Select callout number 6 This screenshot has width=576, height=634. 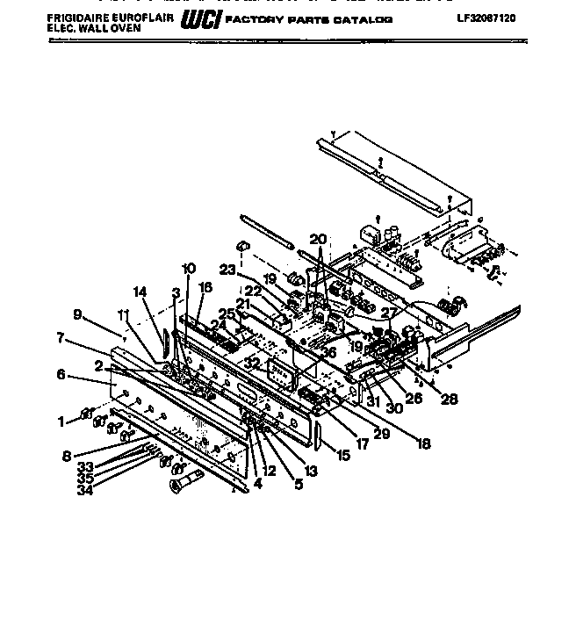coord(61,374)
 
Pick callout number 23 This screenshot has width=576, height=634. coord(228,271)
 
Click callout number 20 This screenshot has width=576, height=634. coord(318,239)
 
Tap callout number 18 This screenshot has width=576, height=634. coord(424,444)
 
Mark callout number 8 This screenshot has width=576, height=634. coord(66,455)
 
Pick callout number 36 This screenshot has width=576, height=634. coord(328,353)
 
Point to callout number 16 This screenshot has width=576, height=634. coord(205,286)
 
